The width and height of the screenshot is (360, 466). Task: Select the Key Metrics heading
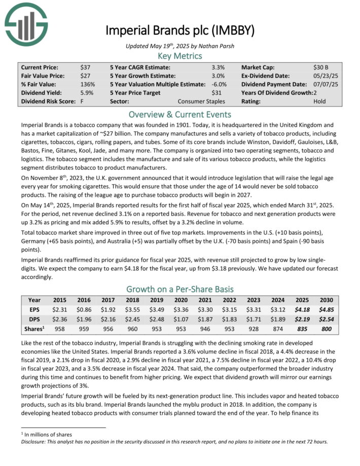[x=179, y=56]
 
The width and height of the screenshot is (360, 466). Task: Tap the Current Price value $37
[x=85, y=67]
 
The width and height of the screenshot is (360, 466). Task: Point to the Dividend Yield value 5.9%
[x=87, y=93]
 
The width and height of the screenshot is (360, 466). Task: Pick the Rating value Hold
[x=320, y=101]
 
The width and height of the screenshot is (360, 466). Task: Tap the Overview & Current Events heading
[x=179, y=114]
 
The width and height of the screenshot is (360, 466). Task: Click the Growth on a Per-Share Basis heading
[x=179, y=289]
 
